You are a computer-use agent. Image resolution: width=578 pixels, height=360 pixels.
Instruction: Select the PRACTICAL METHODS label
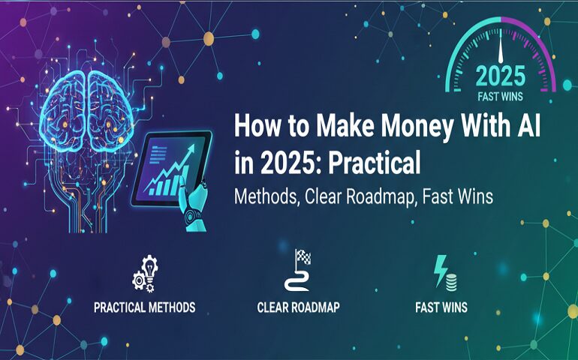pos(144,307)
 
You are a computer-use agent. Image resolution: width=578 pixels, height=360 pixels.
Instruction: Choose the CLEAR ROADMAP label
pos(298,307)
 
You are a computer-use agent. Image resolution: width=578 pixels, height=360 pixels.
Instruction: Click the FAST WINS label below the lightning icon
pos(441,307)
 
